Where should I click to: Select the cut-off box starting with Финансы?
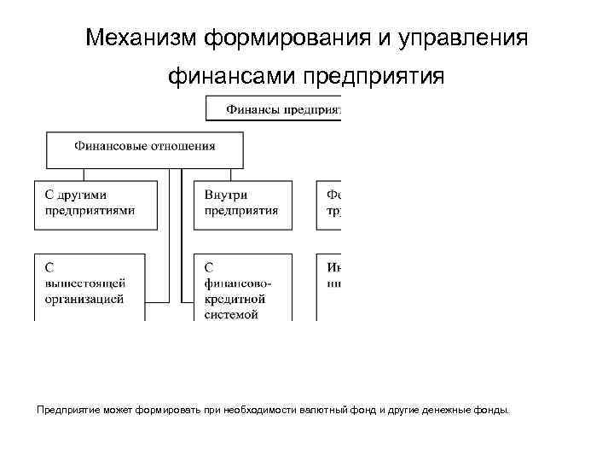coord(273,108)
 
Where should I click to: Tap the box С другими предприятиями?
coord(96,205)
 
